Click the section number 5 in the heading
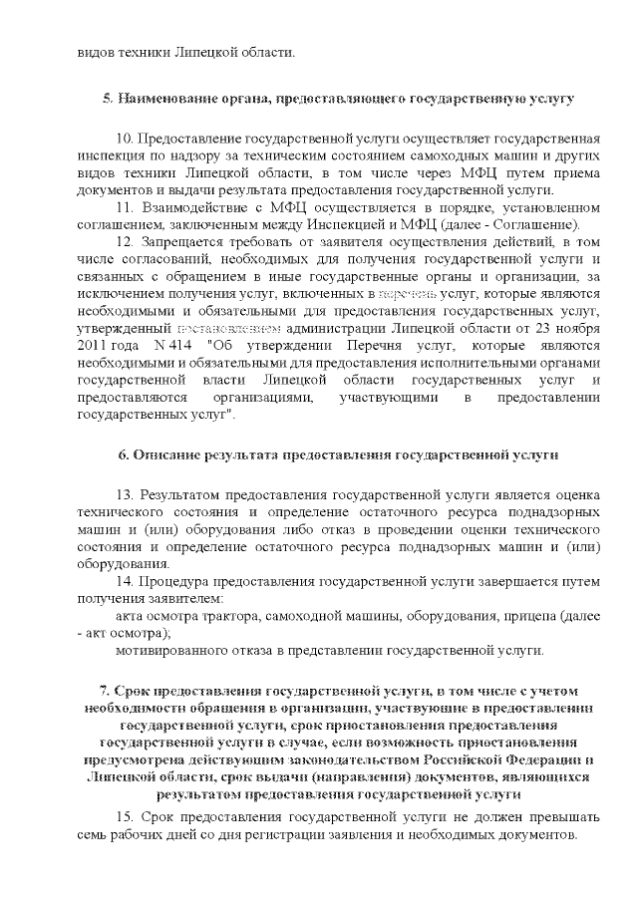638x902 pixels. click(107, 100)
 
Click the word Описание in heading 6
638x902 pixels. click(166, 455)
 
